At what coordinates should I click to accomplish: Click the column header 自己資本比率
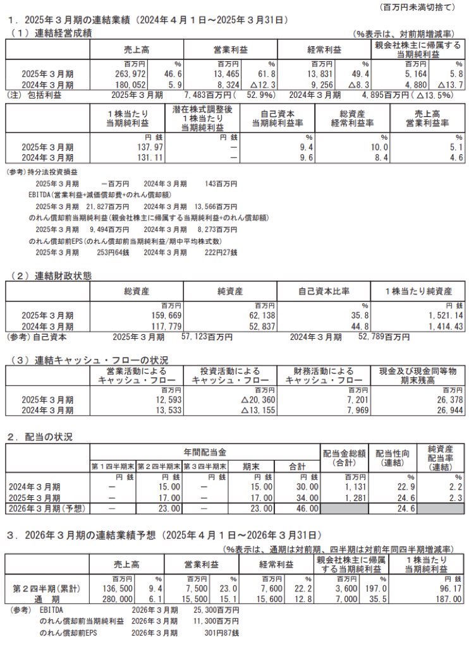pos(324,291)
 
